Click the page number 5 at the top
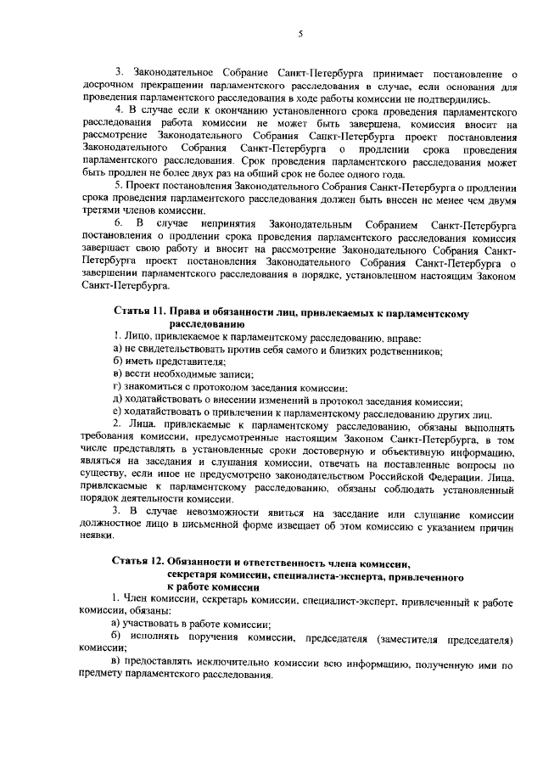(300, 34)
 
